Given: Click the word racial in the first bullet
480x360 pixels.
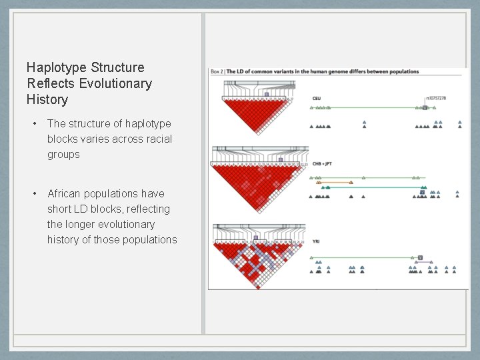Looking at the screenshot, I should [x=158, y=139].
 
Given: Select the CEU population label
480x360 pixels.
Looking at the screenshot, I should [x=317, y=99].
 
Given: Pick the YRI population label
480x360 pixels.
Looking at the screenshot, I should [x=316, y=241].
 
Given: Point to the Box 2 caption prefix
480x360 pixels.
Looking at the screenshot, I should [x=218, y=71].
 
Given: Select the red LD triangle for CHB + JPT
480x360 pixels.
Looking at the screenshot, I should [x=257, y=183].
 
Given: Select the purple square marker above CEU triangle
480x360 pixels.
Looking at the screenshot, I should [x=266, y=95].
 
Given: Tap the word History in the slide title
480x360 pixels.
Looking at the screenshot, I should [x=47, y=99].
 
